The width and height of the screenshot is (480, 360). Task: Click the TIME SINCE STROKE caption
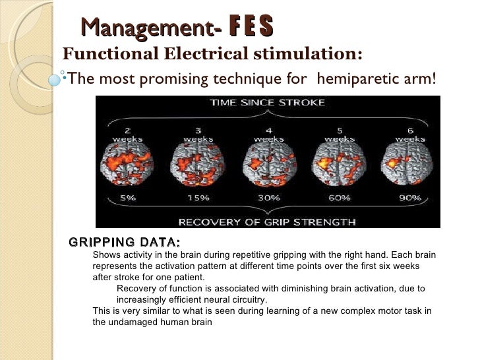tap(266, 103)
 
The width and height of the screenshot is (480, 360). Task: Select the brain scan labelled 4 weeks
tap(268, 167)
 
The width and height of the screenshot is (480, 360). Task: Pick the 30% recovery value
tap(268, 197)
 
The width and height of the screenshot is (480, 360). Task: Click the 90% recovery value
tap(409, 197)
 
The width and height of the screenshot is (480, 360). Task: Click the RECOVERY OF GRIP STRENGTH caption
tap(266, 221)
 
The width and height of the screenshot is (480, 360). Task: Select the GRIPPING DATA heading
tap(124, 242)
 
